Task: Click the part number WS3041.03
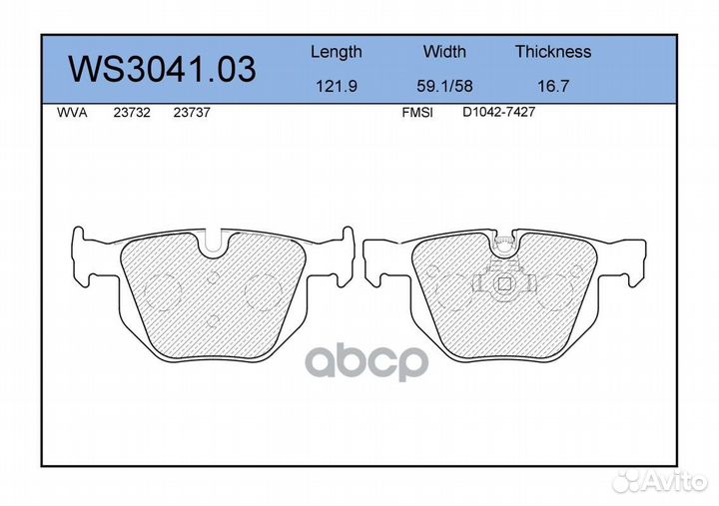[x=162, y=69]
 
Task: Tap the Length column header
[x=337, y=52]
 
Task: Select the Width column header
[x=444, y=51]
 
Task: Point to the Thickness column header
[x=553, y=51]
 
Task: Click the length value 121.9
[x=337, y=86]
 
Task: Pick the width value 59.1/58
[x=444, y=86]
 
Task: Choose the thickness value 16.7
[x=553, y=86]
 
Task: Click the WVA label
[x=72, y=113]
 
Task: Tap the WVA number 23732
[x=132, y=113]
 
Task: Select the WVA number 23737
[x=192, y=113]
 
